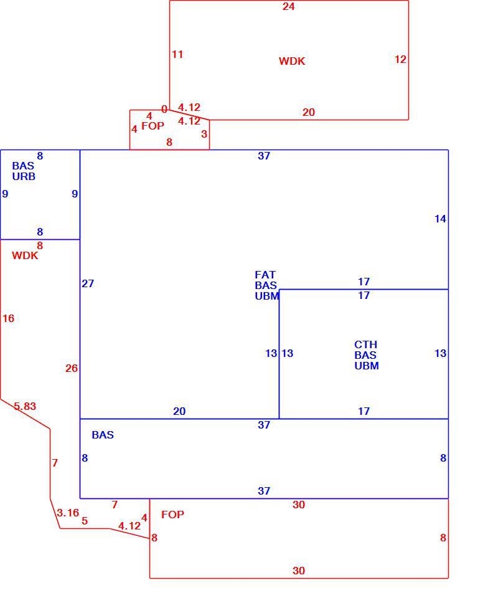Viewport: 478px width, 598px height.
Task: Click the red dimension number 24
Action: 289,6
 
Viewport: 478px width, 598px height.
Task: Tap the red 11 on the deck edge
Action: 177,54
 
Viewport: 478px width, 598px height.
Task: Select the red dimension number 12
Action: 400,59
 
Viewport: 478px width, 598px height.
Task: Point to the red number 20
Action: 308,112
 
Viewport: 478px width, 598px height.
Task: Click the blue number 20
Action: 179,411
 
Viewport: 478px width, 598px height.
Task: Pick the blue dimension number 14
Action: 440,219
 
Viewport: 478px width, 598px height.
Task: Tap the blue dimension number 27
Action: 88,283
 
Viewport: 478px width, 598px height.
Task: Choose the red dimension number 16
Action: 8,318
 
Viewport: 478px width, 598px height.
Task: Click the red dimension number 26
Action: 72,368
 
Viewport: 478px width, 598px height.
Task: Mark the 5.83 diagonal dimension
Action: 25,406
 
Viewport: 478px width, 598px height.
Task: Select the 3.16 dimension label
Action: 68,513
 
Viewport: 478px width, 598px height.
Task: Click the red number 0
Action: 164,109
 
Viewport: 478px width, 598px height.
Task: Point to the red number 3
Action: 204,134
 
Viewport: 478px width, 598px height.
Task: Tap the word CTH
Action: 365,344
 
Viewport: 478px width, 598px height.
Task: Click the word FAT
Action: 265,275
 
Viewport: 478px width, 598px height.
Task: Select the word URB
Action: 24,176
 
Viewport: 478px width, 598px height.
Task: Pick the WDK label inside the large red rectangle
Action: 292,61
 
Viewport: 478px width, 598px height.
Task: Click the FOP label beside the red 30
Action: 172,515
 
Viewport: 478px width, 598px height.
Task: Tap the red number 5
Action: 85,521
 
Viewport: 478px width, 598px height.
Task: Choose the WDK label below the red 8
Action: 25,255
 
